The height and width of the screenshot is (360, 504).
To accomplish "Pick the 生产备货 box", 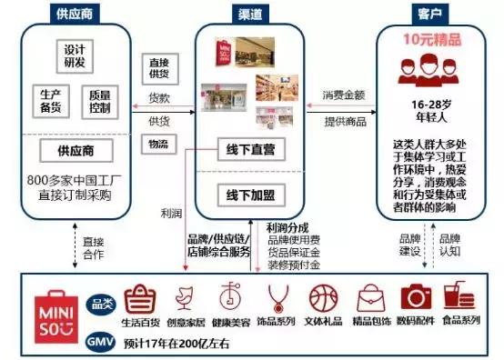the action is point(51,100).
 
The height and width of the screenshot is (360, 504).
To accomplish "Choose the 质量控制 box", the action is point(98,100).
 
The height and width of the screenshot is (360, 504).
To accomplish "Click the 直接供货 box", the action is point(159,69).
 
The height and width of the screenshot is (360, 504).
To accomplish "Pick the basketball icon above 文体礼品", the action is point(322,297).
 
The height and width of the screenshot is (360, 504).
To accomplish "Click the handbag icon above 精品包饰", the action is point(369,297).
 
